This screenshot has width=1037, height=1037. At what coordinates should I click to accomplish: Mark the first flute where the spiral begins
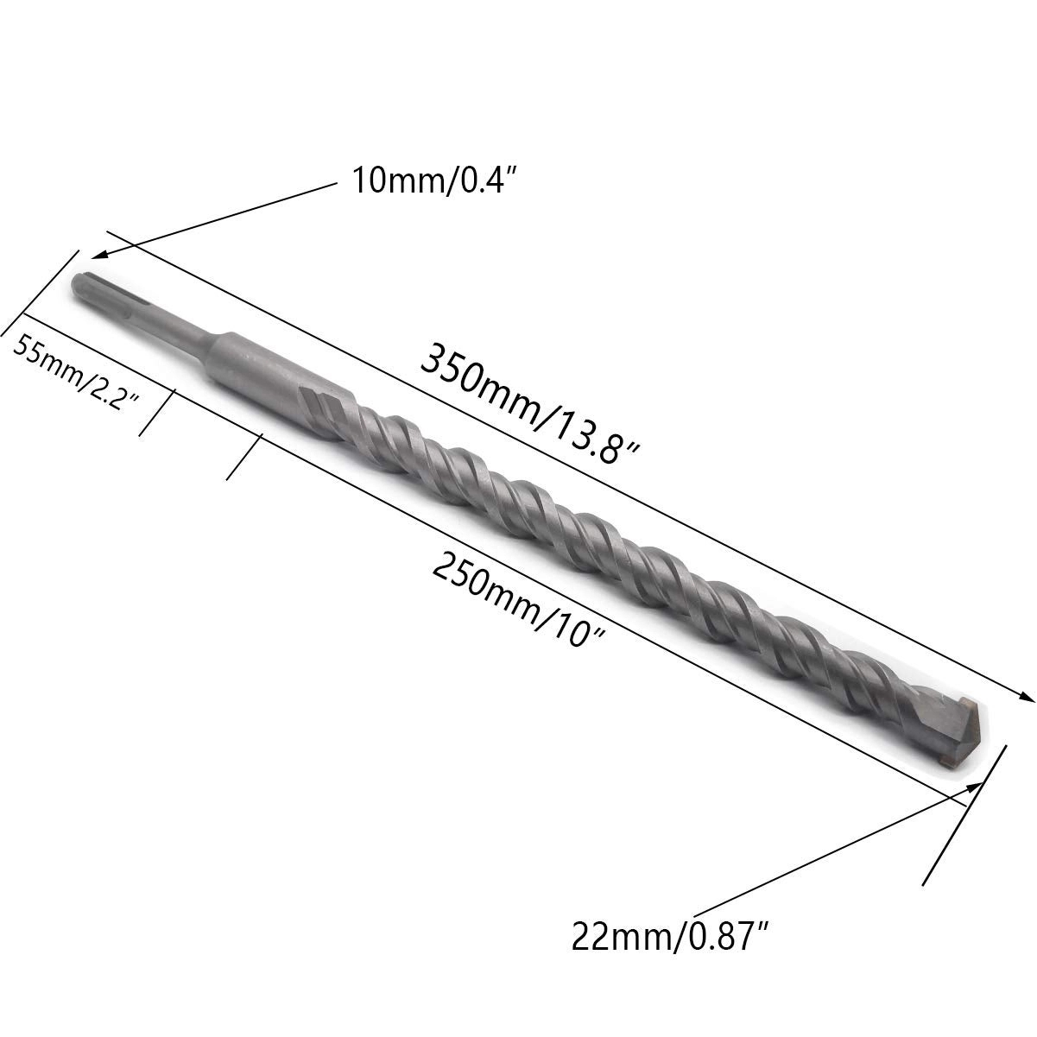(328, 410)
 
